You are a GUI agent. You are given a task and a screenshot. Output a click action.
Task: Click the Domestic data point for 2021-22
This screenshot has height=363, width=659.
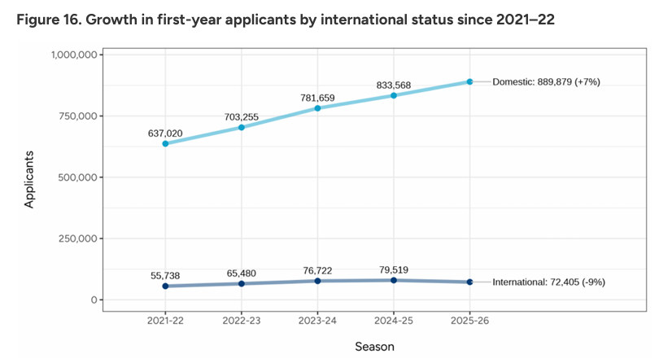165,143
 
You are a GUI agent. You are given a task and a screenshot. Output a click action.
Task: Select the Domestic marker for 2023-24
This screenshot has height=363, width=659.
317,108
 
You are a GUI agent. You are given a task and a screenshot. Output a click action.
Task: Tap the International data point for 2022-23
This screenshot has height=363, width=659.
242,283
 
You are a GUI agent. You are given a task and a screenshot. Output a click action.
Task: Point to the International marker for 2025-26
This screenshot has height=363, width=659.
470,282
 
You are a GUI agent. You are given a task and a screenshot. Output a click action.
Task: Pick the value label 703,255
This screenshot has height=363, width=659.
242,116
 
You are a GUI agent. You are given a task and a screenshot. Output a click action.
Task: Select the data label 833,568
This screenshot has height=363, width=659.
395,85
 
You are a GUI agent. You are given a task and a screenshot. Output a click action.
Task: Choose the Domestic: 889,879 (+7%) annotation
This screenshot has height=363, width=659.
547,82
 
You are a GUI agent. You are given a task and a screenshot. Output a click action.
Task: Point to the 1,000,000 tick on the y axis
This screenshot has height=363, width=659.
76,55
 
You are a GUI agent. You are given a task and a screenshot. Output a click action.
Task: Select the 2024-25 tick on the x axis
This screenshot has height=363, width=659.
394,319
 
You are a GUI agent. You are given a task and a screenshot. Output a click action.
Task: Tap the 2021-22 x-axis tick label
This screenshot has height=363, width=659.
165,319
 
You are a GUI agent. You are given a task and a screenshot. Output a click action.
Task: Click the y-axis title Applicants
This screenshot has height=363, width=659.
30,177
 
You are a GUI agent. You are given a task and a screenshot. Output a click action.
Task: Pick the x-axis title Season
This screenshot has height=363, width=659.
374,347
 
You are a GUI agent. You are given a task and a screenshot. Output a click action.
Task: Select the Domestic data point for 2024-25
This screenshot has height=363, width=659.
394,95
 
